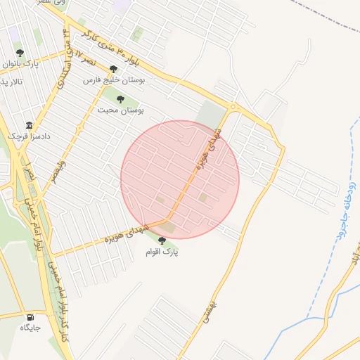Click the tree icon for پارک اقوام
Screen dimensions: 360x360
pos(162,240)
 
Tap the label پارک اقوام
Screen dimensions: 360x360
pos(162,252)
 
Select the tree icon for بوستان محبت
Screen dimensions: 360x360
pos(120,99)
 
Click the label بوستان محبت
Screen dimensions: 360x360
pos(120,110)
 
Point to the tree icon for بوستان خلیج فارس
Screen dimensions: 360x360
pos(113,69)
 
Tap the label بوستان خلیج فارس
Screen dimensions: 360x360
pos(114,80)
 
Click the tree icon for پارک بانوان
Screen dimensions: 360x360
pos(19,53)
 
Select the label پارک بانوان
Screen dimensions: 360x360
pos(19,64)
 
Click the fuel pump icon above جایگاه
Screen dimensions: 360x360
pos(30,316)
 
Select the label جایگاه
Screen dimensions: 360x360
pos(30,328)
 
